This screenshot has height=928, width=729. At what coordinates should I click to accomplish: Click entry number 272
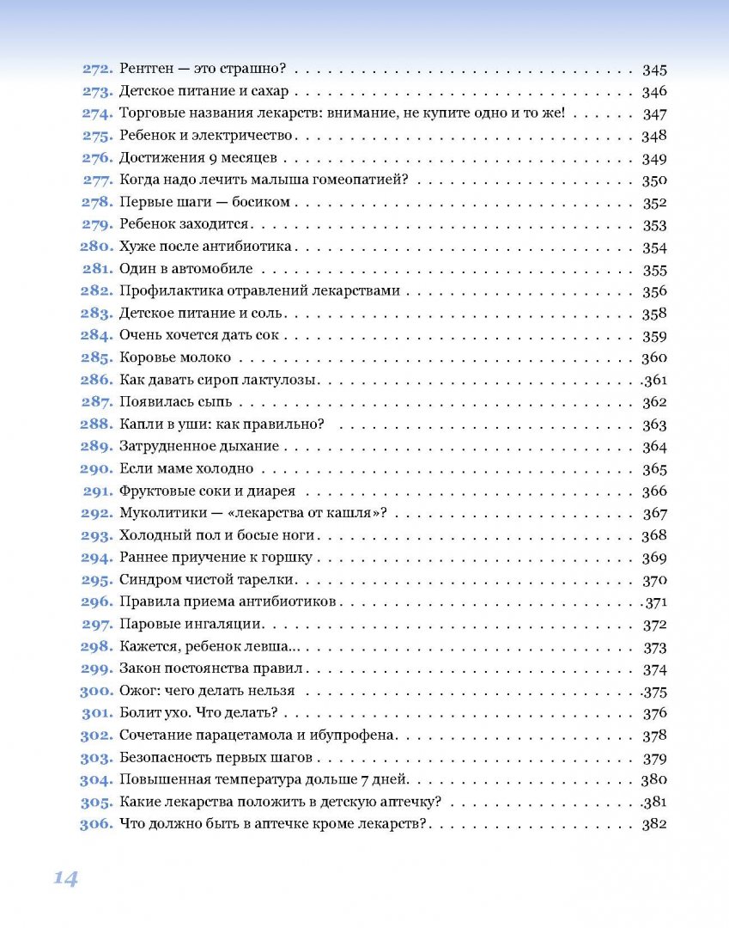98,70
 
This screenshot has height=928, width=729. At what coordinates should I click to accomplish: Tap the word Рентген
146,70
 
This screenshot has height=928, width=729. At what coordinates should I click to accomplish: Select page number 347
654,114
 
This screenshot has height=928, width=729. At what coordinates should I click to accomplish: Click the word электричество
250,136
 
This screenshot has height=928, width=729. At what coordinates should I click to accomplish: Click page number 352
654,203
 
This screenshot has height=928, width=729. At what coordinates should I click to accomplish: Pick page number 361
654,381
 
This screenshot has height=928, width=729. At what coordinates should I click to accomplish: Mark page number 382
654,824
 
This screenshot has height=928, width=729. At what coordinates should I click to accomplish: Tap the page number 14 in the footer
65,877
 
